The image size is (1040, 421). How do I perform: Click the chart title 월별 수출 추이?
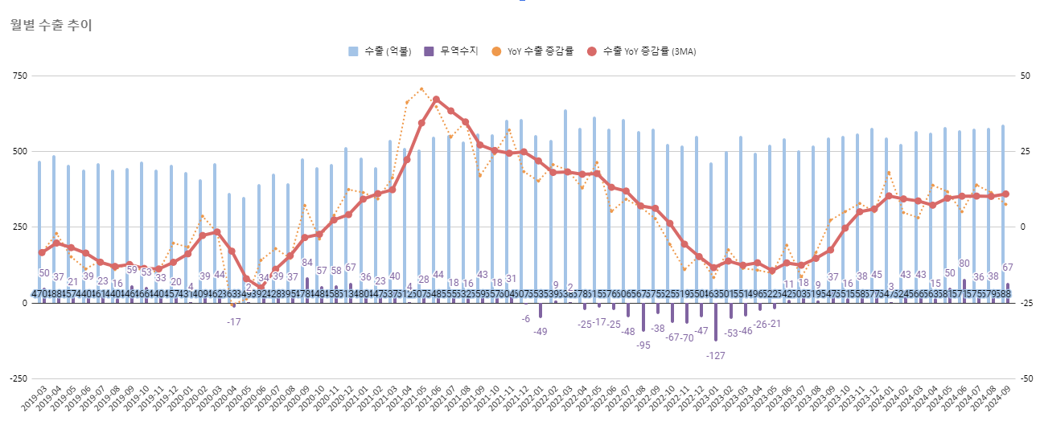[51, 25]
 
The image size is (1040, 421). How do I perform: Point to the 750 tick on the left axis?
[18, 76]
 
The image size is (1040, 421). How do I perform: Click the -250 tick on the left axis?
[16, 378]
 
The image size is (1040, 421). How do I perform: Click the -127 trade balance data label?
[716, 355]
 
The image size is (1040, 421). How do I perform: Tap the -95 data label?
[643, 345]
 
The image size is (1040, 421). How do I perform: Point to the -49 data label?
[541, 332]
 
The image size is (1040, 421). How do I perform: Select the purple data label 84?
[307, 263]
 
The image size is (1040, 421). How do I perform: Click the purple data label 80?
[964, 264]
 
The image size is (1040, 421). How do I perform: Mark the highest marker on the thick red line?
[436, 100]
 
